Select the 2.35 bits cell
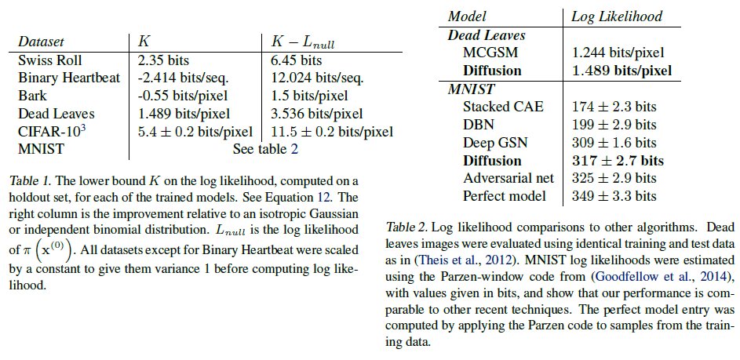163,60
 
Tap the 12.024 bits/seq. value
312,78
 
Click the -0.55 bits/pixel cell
183,96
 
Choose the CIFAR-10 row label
51,131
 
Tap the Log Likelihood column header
616,16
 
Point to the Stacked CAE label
503,107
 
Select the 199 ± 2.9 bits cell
614,125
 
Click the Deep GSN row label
495,143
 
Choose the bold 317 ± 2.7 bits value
618,161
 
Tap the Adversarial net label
509,179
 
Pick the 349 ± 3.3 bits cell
614,196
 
